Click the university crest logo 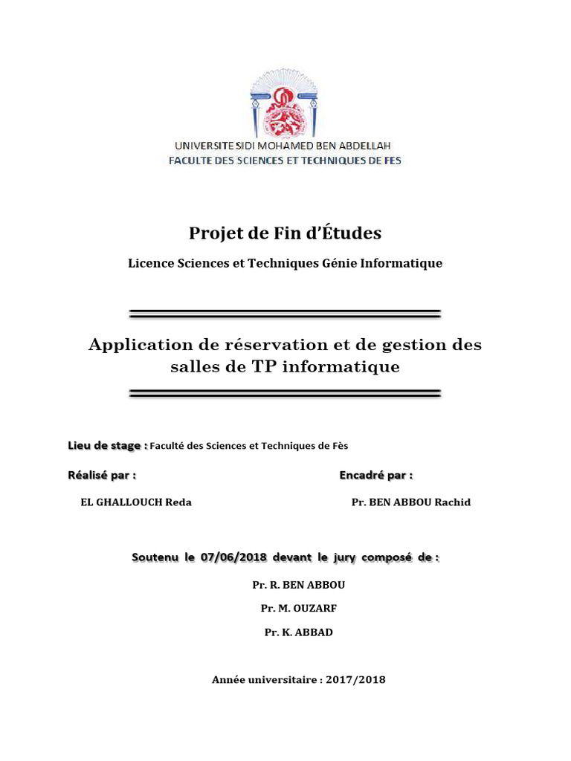pos(285,103)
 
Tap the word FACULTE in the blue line pos(193,161)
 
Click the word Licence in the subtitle pos(149,263)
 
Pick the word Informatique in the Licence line pos(405,263)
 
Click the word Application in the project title pos(138,346)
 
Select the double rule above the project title pos(285,313)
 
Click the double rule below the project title pos(285,393)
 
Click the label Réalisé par pos(102,475)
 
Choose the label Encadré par pos(375,475)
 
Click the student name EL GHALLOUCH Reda pos(136,502)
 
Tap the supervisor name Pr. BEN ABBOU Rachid pos(410,502)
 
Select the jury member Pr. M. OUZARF pos(299,609)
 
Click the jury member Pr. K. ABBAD pos(299,632)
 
